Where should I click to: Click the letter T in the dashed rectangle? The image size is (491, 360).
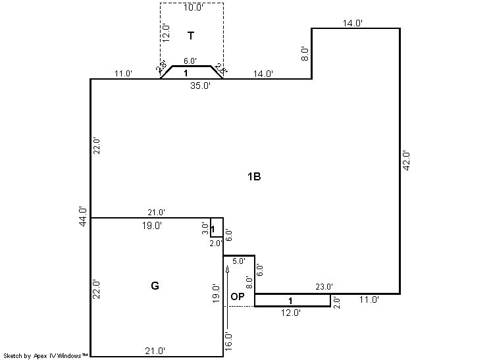tap(191, 36)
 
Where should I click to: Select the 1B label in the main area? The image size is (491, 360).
tap(254, 176)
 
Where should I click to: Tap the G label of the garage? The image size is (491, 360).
tap(155, 286)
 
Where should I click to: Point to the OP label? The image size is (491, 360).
tap(238, 296)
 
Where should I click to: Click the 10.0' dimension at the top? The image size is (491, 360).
tap(194, 7)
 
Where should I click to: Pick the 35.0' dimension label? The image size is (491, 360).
tap(200, 86)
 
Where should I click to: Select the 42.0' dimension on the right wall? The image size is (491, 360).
tap(406, 161)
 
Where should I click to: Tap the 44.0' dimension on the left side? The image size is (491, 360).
tap(83, 217)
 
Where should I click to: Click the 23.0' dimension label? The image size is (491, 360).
tap(324, 286)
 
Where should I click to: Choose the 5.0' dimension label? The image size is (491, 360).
tap(239, 261)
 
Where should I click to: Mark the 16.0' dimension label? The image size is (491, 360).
tap(228, 342)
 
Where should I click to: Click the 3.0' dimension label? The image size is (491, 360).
tap(205, 228)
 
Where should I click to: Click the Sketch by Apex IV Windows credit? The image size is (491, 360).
tap(45, 355)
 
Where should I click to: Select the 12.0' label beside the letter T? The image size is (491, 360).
tap(166, 33)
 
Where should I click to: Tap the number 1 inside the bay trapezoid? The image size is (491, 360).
tap(186, 73)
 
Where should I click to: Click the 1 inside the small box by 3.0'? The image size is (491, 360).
tap(213, 229)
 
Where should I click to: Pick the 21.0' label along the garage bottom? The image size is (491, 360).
tap(155, 351)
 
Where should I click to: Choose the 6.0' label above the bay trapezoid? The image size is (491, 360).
tap(190, 61)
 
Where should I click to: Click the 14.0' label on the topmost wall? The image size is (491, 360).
tap(353, 23)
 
